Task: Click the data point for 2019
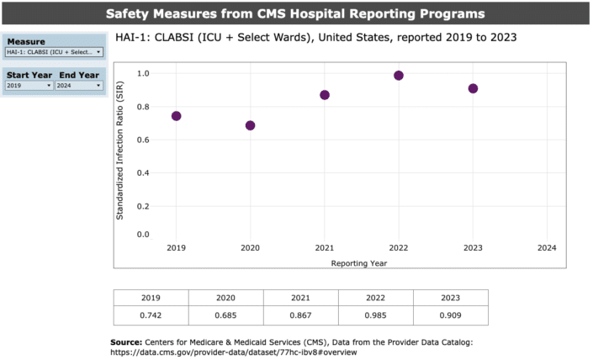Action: pos(176,116)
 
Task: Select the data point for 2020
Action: pos(250,125)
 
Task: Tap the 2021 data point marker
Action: pos(325,95)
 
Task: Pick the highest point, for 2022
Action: pos(399,76)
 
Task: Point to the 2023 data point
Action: pos(473,88)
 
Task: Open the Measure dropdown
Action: pos(54,52)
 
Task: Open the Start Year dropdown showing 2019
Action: pos(29,86)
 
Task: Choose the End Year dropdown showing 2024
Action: pos(79,86)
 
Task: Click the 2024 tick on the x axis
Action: pos(547,248)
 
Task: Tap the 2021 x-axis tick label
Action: pos(325,248)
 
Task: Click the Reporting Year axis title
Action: pos(359,262)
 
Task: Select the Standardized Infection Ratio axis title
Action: pos(120,156)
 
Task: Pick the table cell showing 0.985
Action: pos(376,315)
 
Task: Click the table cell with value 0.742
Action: pos(151,315)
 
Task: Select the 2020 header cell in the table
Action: pos(226,298)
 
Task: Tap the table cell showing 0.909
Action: pos(451,315)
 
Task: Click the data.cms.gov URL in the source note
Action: pos(235,352)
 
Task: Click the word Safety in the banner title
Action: pos(131,13)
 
